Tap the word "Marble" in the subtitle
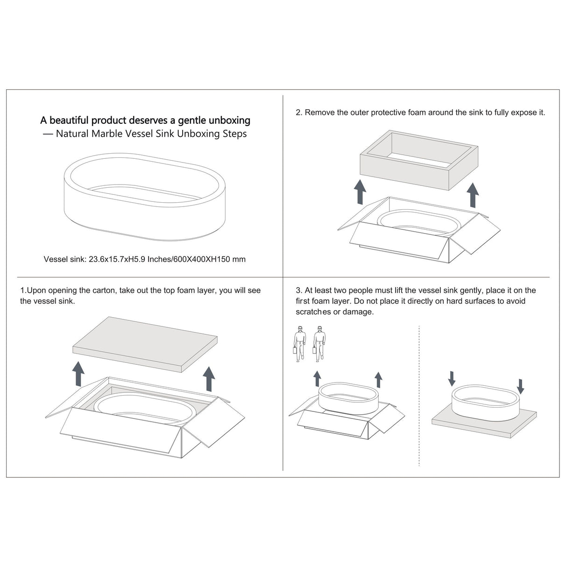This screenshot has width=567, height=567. click(x=107, y=134)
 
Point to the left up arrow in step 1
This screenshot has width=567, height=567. click(x=78, y=374)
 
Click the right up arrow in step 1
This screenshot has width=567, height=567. click(x=209, y=379)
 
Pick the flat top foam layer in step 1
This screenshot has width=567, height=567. click(x=145, y=344)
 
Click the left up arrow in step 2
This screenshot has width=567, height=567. click(x=360, y=192)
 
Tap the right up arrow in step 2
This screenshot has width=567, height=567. click(x=473, y=195)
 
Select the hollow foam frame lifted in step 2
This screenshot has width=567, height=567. click(x=419, y=160)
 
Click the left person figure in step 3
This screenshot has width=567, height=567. click(x=300, y=344)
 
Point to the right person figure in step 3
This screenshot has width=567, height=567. click(x=319, y=344)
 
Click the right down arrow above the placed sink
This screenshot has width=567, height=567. click(x=520, y=386)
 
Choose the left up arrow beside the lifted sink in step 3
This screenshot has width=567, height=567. click(x=317, y=379)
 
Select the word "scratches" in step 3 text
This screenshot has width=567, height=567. click(x=313, y=312)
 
